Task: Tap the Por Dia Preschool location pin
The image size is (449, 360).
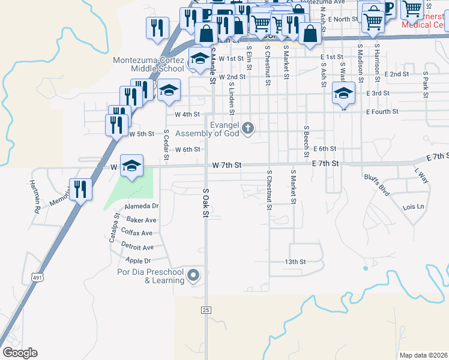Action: point(193,276)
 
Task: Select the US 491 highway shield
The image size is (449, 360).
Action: point(37,277)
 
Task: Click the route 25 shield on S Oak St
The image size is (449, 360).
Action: point(206,310)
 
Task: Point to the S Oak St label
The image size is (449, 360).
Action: point(205,202)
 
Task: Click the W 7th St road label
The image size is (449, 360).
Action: point(226,165)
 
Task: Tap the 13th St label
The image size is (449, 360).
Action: point(295,262)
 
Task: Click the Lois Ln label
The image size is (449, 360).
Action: point(414,207)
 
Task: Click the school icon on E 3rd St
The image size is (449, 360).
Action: point(343,93)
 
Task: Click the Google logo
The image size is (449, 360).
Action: point(20,353)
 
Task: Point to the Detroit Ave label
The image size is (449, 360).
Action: point(137,247)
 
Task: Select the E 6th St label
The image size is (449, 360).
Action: point(324,148)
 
